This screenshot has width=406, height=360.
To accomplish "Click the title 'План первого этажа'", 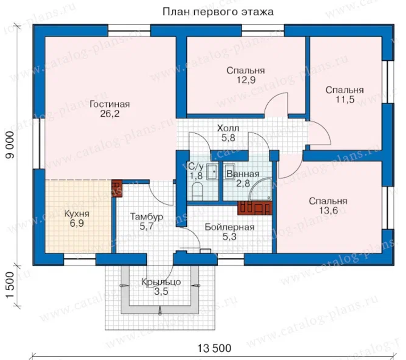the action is [x=218, y=12].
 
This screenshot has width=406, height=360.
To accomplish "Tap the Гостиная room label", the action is [x=110, y=104].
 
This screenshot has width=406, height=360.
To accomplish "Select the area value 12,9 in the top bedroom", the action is [x=246, y=80].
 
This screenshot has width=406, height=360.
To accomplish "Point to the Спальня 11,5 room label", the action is [x=345, y=95].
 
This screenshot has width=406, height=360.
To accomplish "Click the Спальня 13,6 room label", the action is [x=328, y=206].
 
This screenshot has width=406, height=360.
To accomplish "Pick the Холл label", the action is [x=228, y=128].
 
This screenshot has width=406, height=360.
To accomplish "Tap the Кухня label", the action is [x=77, y=214].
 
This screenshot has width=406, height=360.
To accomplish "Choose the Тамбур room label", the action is [x=146, y=217].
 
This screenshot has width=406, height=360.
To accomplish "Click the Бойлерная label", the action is [x=229, y=227].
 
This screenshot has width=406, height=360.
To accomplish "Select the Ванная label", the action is [x=243, y=174].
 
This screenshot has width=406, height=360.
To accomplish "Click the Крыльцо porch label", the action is [x=161, y=282].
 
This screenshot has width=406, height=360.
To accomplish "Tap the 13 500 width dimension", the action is [x=214, y=348].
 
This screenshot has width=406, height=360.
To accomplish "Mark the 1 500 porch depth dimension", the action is [x=10, y=285].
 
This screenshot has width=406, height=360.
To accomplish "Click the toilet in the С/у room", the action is [x=197, y=191].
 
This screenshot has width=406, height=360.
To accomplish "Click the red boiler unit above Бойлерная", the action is [x=255, y=208].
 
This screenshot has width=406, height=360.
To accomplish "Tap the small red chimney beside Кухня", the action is [x=117, y=189].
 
